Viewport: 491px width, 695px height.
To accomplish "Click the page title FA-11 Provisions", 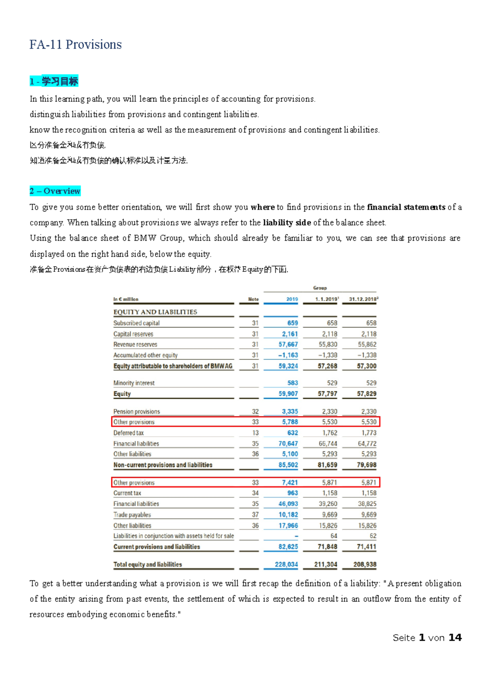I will pos(75,45).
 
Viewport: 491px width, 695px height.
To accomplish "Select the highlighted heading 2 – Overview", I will pos(55,191).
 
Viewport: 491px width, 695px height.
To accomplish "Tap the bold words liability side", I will pos(287,223).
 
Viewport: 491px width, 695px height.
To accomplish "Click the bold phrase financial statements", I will pos(406,207).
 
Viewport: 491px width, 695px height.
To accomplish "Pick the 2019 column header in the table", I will pos(292,299).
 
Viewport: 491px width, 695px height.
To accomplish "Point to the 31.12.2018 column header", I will pos(363,299).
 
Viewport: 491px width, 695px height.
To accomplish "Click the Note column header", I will pos(253,299).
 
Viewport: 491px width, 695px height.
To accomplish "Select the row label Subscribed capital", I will pos(136,323).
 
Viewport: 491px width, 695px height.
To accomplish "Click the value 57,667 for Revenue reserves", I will pos(288,345).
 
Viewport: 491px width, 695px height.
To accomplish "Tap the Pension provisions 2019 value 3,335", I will pos(290,411).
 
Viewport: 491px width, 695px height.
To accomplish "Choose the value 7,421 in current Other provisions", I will pos(290,483).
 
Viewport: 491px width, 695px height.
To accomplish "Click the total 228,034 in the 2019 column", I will pos(286,564).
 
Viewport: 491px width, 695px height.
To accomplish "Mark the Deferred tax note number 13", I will pos(255,433).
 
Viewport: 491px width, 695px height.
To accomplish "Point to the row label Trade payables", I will pos(132,514).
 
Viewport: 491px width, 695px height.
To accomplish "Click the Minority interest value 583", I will pos(293,383).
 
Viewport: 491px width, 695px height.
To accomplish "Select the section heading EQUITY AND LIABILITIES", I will pos(155,312).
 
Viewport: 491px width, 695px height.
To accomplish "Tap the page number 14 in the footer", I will pos(455,638).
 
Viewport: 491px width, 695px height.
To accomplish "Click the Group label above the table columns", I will pos(320,288).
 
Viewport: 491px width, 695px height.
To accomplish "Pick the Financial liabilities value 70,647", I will pos(288,444).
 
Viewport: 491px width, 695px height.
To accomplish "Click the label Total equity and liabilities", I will pos(147,564).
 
